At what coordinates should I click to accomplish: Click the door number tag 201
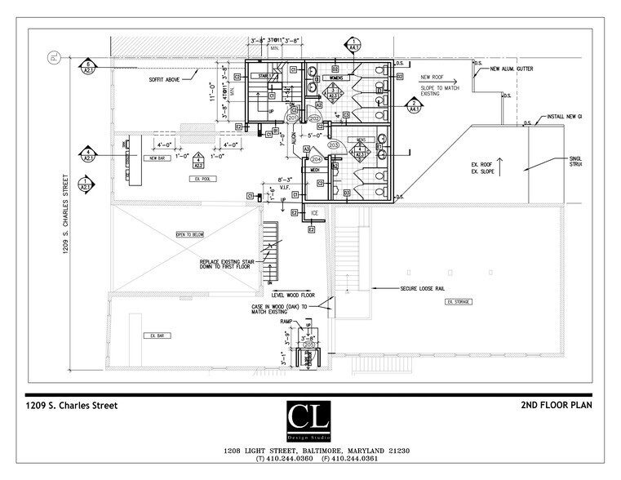(x=293, y=118)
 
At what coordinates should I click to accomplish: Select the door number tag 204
(x=317, y=159)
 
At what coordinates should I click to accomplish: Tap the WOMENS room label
(x=324, y=79)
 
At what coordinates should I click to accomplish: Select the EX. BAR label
(x=153, y=336)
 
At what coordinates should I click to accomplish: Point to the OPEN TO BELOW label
(x=189, y=234)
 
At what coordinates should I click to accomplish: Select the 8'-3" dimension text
(x=285, y=178)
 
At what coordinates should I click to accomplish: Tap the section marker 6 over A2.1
(x=87, y=66)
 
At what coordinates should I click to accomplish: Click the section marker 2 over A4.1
(x=412, y=104)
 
